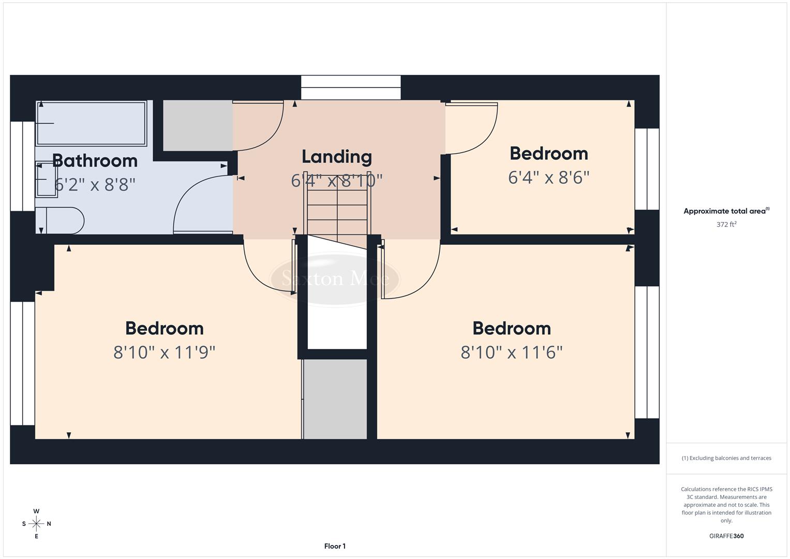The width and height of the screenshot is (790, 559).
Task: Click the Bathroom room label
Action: (x=95, y=161)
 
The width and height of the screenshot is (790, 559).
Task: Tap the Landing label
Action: (x=337, y=157)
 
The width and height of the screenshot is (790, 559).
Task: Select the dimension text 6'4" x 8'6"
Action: (x=548, y=178)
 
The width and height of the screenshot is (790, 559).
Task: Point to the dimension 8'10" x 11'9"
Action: (x=164, y=352)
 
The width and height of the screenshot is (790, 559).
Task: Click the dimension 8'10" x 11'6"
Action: (x=511, y=352)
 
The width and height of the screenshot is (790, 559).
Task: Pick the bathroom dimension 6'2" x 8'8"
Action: (x=95, y=184)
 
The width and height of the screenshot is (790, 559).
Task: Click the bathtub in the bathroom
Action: (x=91, y=123)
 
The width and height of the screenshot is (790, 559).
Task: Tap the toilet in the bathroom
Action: (x=61, y=221)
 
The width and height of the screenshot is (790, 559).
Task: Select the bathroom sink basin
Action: (x=46, y=179)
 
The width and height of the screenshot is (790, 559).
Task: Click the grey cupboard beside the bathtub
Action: (x=197, y=125)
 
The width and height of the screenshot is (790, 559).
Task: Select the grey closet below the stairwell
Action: (x=335, y=399)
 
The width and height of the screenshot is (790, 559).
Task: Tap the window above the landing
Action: (x=351, y=87)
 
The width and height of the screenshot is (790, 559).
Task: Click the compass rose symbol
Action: (x=36, y=524)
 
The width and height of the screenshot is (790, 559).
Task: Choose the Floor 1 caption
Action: (x=335, y=546)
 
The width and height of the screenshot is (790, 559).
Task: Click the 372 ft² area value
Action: (x=726, y=225)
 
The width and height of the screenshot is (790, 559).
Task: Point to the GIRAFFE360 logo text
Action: (x=726, y=536)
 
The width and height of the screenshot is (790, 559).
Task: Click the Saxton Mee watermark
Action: (x=335, y=279)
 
